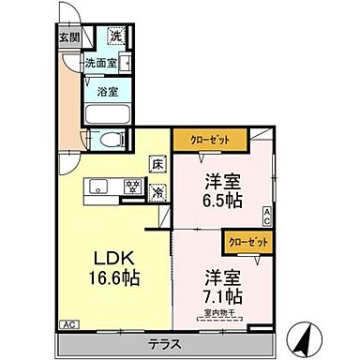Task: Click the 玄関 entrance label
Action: click(x=68, y=38)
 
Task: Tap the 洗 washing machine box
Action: click(x=115, y=37)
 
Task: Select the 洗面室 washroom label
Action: click(x=101, y=64)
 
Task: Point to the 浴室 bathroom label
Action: click(x=108, y=92)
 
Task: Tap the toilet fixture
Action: click(x=111, y=142)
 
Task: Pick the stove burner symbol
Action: click(x=134, y=186)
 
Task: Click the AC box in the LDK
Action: click(x=68, y=323)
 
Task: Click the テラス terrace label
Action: click(x=164, y=344)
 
